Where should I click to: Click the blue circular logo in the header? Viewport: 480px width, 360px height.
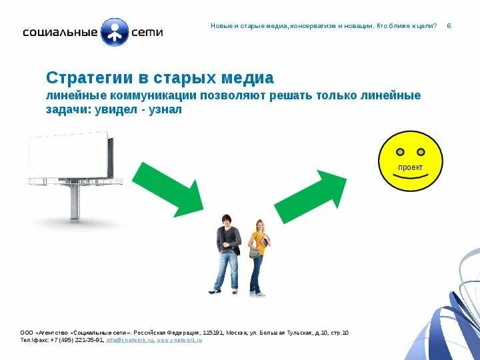(x=114, y=31)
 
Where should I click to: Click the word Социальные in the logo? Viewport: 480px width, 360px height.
(x=60, y=31)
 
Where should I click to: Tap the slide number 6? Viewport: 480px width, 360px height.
(x=449, y=25)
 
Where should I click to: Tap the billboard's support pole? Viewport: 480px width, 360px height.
(x=75, y=203)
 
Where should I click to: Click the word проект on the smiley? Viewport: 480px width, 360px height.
(x=410, y=168)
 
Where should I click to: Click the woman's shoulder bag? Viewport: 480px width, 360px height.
(x=255, y=252)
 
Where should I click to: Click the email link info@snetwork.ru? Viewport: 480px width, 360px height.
(x=129, y=340)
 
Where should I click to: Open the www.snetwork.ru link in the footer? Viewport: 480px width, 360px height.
(x=179, y=340)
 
